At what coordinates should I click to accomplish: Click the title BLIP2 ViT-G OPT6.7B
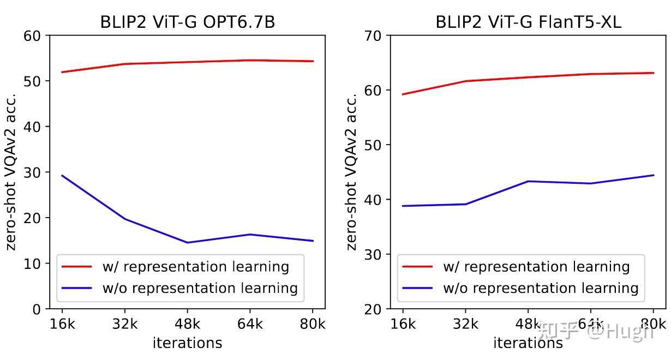pos(187,22)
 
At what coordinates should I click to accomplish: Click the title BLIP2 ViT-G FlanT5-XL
pos(528,22)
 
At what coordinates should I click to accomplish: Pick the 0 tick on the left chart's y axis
pos(37,309)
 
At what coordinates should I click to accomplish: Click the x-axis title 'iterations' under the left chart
pos(187,343)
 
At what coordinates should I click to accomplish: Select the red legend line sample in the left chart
pos(76,267)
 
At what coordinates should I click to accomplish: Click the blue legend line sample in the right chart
pos(417,288)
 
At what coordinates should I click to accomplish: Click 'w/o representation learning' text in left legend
pos(200,288)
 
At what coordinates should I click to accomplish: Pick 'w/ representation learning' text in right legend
pos(536,267)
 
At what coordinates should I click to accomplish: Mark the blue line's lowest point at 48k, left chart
pos(187,243)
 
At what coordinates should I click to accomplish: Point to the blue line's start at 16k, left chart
pos(62,176)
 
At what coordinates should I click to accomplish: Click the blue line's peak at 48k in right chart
pos(528,181)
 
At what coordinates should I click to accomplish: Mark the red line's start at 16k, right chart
pos(403,94)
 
